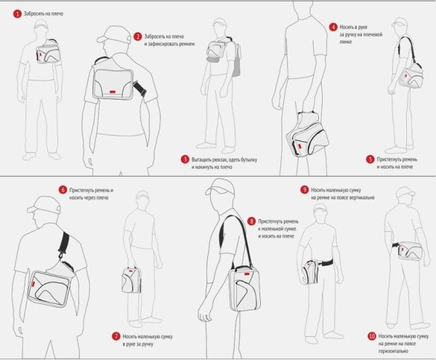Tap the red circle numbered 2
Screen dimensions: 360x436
(138, 36)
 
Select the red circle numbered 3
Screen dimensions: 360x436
(185, 159)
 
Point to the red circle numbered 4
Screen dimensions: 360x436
(332, 26)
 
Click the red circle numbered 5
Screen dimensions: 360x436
(370, 159)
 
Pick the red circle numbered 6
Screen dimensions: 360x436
(63, 190)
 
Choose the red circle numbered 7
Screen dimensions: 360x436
(115, 336)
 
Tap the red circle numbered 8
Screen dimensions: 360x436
(251, 220)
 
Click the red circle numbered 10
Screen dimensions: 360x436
(372, 336)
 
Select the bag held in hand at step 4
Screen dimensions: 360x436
(305, 131)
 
